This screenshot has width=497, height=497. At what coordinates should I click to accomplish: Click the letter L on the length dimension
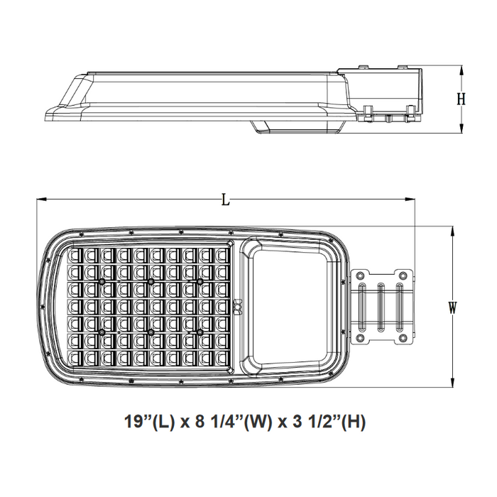click(225, 200)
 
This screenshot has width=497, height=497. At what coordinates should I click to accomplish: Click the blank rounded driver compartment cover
click(290, 307)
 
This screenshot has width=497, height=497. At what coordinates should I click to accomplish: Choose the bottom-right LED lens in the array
click(222, 359)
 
